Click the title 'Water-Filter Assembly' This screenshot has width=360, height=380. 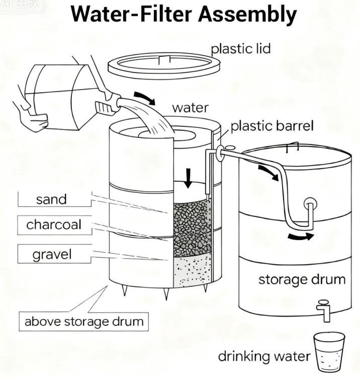coord(184,14)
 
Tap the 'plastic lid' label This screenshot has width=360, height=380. coord(241,49)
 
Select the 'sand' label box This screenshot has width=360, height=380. coord(55,199)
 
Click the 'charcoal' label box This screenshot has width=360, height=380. coord(55,225)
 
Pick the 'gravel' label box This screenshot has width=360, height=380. coord(55,254)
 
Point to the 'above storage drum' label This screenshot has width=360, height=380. coord(84,322)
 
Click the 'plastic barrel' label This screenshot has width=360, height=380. coord(272,126)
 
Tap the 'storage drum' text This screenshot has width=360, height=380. coord(302,279)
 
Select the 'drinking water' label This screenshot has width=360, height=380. coord(264,356)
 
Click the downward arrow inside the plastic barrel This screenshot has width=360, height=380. coord(188,178)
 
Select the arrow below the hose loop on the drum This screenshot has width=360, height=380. coord(301,236)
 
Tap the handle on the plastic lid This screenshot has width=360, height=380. coord(164,60)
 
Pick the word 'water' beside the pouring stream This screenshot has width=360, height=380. coord(190,108)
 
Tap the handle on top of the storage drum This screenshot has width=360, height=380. coord(293,146)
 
